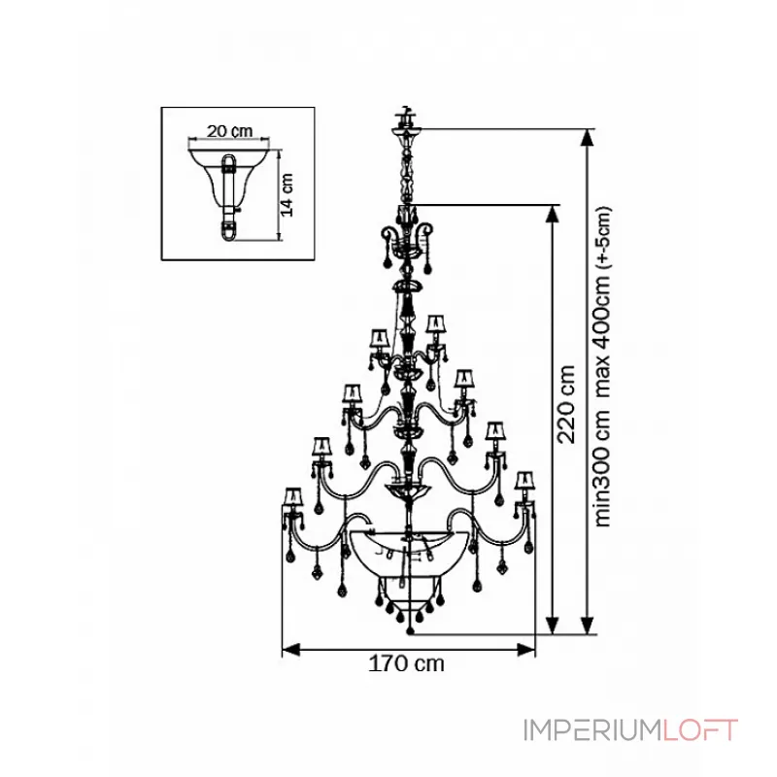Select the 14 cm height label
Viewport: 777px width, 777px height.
(287, 193)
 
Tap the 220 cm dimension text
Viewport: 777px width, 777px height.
(568, 402)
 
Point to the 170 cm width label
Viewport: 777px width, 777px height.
(407, 665)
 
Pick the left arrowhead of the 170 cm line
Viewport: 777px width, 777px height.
(287, 648)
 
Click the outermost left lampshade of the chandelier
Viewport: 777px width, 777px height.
(290, 498)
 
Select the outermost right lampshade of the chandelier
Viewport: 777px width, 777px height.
(525, 481)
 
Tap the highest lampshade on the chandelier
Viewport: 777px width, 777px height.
(434, 322)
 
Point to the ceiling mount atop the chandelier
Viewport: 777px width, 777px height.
(404, 123)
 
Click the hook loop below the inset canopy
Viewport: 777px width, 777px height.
(229, 230)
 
